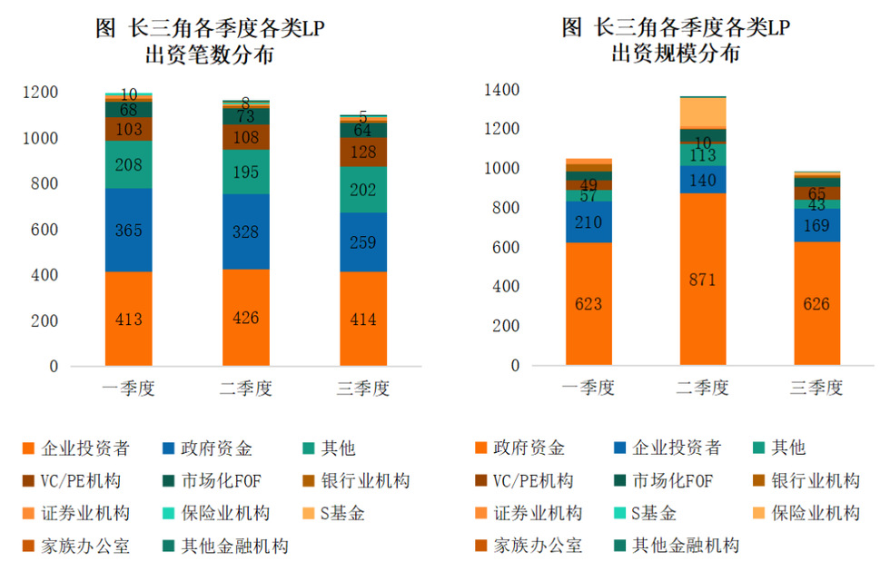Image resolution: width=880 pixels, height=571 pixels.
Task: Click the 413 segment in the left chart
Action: (129, 319)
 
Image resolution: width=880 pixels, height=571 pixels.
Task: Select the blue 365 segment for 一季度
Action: (129, 230)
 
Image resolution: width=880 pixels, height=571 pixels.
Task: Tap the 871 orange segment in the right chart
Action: (702, 279)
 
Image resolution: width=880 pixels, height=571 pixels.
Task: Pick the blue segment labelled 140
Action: (702, 180)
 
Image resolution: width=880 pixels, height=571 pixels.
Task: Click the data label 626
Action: (816, 304)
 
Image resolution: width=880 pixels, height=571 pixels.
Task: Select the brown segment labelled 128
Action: (362, 152)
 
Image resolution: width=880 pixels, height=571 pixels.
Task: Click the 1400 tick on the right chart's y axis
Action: (501, 90)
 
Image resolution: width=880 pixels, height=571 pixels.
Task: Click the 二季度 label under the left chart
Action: (246, 389)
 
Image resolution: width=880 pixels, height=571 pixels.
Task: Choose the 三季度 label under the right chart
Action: (816, 389)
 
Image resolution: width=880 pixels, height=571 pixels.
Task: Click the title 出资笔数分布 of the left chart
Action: (210, 55)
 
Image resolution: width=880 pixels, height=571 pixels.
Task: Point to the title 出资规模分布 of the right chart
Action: (676, 54)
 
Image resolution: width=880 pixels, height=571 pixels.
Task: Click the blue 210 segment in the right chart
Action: (588, 222)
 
